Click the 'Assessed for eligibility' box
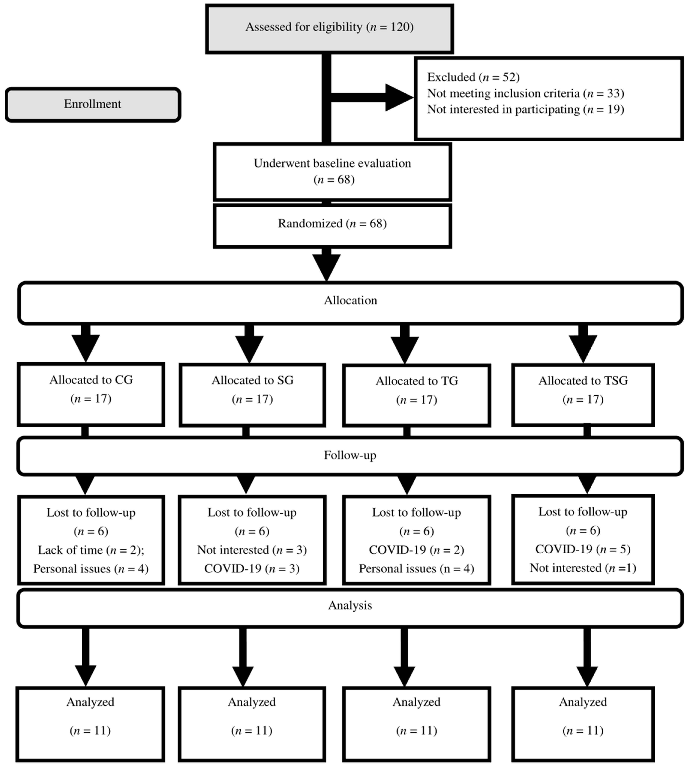329,29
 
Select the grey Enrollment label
93,104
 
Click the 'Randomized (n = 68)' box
332,224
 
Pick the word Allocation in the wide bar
350,301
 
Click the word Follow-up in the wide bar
350,455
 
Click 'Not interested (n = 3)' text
252,550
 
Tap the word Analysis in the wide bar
350,605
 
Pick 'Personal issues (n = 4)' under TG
416,569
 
